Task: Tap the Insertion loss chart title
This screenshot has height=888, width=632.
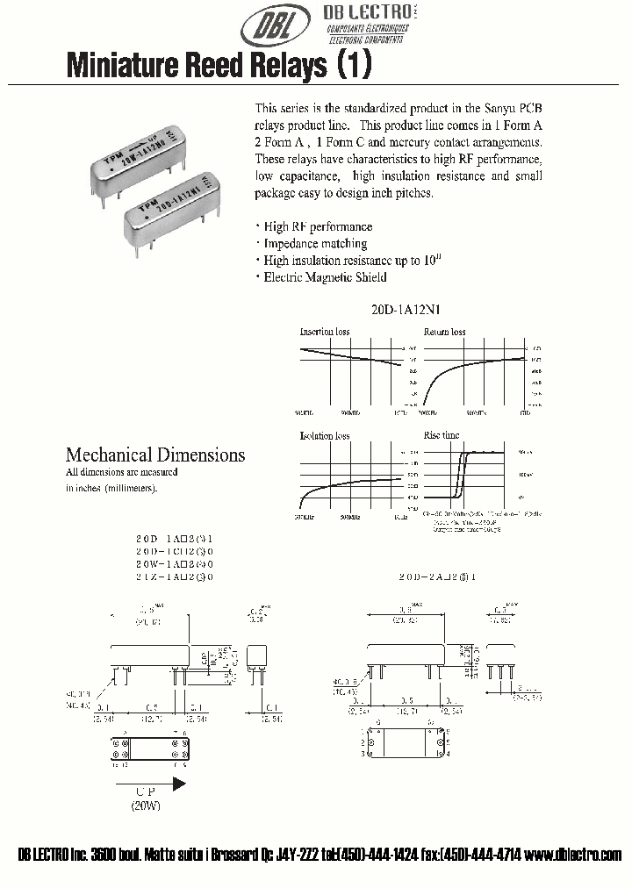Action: tap(325, 333)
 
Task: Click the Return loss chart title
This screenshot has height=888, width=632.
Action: tap(445, 333)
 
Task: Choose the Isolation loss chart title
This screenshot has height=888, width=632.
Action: tap(325, 436)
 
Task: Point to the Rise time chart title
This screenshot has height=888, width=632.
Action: tap(442, 436)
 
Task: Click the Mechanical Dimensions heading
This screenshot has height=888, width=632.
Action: tap(155, 455)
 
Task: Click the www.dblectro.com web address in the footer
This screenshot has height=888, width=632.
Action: tap(576, 856)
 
